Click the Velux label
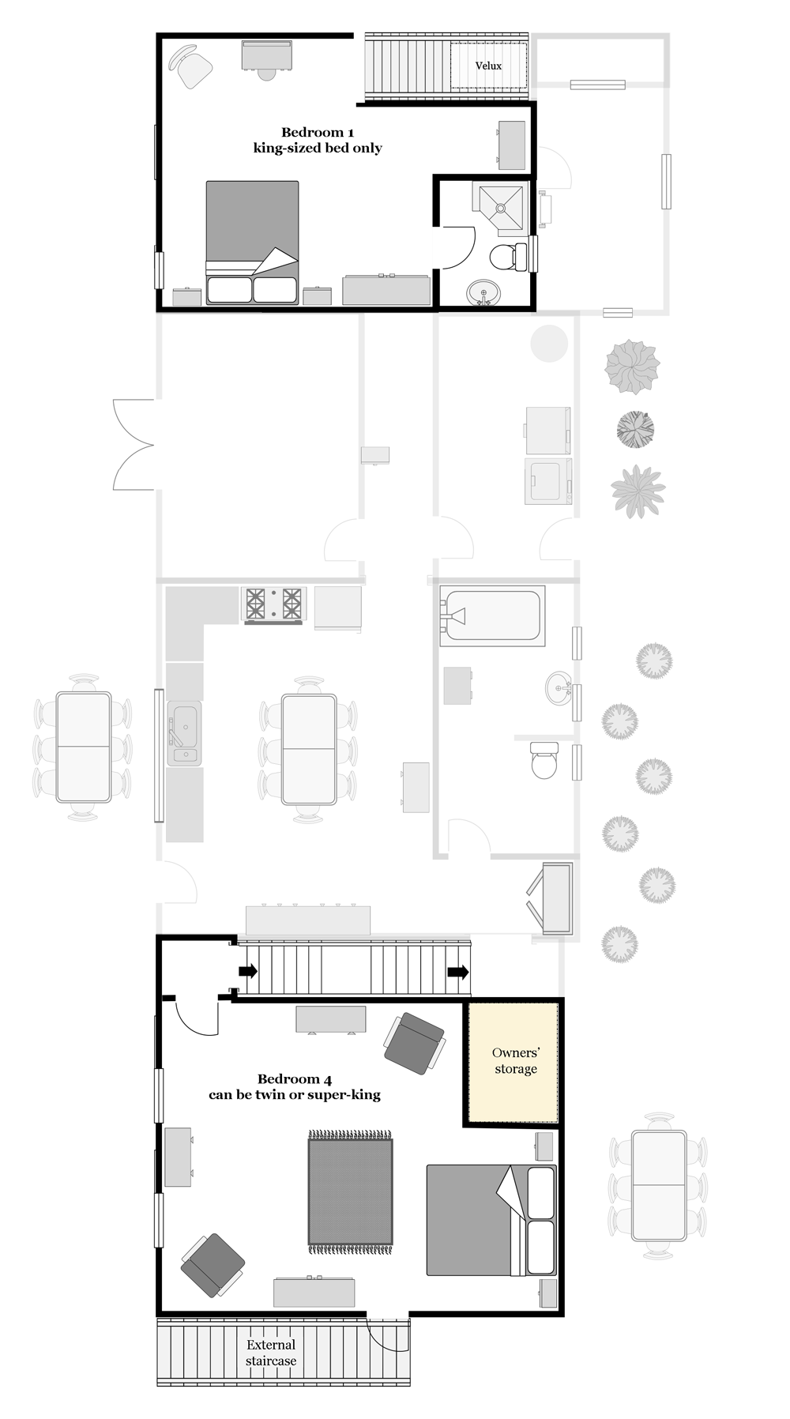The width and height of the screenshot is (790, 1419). pyautogui.click(x=488, y=66)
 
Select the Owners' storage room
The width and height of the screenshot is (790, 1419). pyautogui.click(x=515, y=1061)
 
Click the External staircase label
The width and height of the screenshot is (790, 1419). pyautogui.click(x=271, y=1353)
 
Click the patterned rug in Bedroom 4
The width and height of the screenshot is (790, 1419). pyautogui.click(x=350, y=1191)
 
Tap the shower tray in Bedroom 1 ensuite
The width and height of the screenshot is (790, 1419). pyautogui.click(x=498, y=209)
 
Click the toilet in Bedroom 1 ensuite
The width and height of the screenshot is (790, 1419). pyautogui.click(x=509, y=257)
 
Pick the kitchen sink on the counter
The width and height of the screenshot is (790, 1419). pyautogui.click(x=184, y=734)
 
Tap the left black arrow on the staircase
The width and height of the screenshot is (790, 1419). pyautogui.click(x=247, y=971)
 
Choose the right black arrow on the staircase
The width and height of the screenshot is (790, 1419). pyautogui.click(x=457, y=972)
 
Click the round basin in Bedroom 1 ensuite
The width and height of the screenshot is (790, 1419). pyautogui.click(x=483, y=293)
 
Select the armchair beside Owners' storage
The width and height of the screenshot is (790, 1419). pyautogui.click(x=414, y=1044)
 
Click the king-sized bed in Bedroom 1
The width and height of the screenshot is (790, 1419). pyautogui.click(x=252, y=243)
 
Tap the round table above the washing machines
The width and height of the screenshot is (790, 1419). pyautogui.click(x=549, y=343)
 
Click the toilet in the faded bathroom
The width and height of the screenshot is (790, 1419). pyautogui.click(x=544, y=760)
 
